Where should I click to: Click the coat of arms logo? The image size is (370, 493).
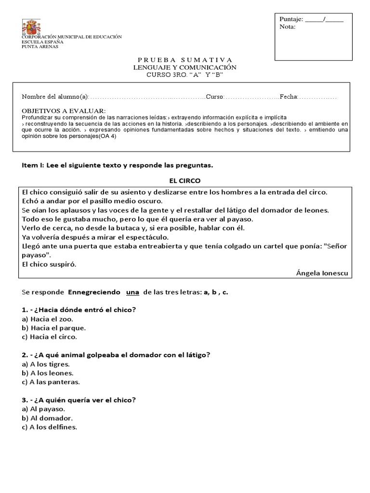[32, 27]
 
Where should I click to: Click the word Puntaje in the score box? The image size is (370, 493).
[291, 19]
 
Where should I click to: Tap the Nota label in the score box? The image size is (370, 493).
[288, 27]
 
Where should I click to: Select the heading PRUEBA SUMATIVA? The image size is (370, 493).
[185, 60]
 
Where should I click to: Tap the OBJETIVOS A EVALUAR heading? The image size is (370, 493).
[64, 111]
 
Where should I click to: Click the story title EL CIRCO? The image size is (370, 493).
[185, 181]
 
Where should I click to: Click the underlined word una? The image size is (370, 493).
[132, 292]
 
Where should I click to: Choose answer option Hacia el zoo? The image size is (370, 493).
[47, 319]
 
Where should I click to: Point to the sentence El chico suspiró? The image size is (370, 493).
[49, 264]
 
